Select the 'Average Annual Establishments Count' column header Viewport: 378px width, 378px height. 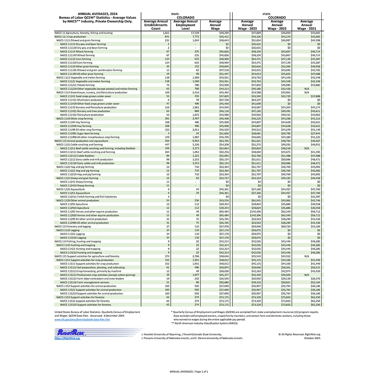[156, 25]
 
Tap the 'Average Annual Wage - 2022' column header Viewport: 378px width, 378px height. [277, 25]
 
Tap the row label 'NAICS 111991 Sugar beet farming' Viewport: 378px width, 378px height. [79, 133]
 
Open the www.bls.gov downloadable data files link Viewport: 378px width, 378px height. [82, 320]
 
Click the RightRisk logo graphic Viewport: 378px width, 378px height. [70, 332]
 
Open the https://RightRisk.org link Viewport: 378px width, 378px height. [67, 338]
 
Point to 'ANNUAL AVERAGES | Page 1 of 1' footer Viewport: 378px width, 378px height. [189, 371]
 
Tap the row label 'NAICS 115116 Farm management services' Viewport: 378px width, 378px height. [84, 282]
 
